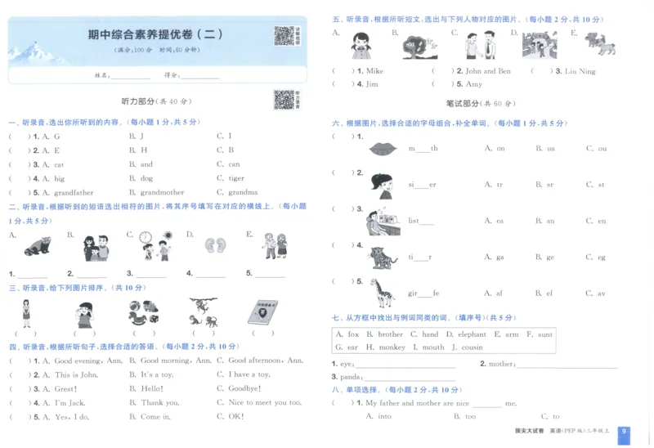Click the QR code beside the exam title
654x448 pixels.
(284, 36)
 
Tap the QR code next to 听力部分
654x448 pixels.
(283, 100)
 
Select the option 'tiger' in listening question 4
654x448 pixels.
(235, 178)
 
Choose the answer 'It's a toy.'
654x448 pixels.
(157, 374)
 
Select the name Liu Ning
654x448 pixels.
(580, 71)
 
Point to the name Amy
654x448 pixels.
(473, 84)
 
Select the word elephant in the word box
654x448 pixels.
(472, 334)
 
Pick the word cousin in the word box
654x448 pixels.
(472, 347)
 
